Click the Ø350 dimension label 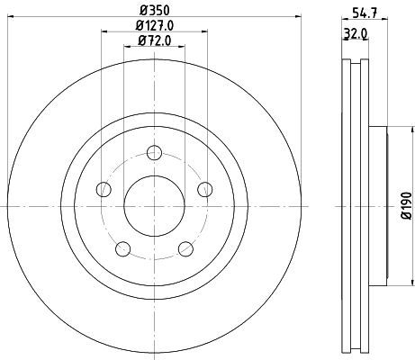tap(155, 11)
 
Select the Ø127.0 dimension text tap(155, 25)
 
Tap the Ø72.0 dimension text tap(155, 40)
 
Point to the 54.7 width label tap(365, 13)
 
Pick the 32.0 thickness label tap(356, 34)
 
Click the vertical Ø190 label tap(407, 206)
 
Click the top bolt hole tap(155, 152)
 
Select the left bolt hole tap(104, 189)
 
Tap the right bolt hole tap(205, 189)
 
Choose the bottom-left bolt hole tap(123, 249)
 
